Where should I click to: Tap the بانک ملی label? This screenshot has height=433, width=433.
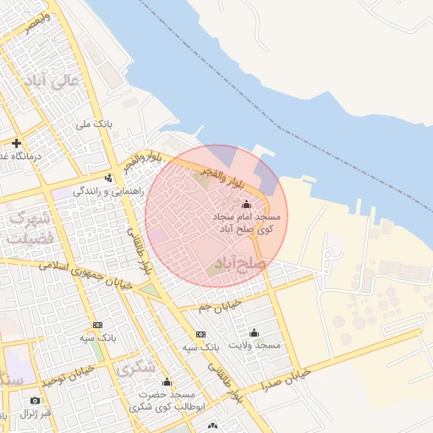[93, 124]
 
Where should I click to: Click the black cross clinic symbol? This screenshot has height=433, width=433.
[16, 143]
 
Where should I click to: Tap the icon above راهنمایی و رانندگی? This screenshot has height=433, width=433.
[108, 178]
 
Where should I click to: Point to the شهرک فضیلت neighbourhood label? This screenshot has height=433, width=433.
[30, 227]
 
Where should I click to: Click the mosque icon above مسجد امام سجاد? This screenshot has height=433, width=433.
[246, 204]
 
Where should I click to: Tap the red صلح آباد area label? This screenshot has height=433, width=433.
[241, 264]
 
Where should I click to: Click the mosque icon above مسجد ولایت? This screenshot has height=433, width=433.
[255, 332]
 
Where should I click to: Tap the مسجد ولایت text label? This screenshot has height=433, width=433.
[258, 346]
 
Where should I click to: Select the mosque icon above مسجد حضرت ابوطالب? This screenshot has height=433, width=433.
[167, 381]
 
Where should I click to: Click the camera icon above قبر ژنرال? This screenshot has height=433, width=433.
[35, 400]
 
